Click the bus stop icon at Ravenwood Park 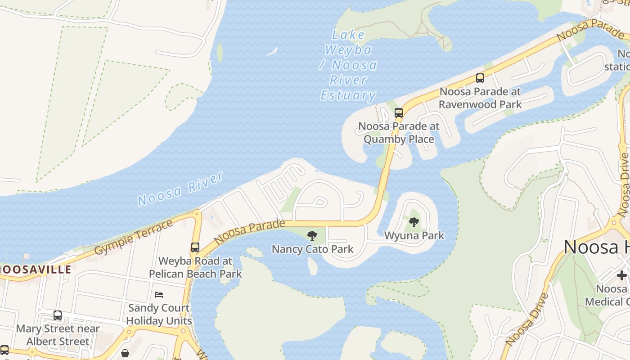coord(480,78)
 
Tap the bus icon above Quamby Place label coord(399,112)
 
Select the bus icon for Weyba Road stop coord(195,247)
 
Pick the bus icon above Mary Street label coord(58,315)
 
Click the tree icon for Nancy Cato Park coord(312,236)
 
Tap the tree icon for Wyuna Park coord(414,222)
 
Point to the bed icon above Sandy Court coord(159,295)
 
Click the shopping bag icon coord(125,353)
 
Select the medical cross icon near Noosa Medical coord(621,275)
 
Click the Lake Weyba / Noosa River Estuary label coord(348,66)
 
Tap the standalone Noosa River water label coord(180,189)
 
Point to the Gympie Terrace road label coord(134,237)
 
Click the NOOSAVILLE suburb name coord(36,270)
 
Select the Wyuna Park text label coord(414,235)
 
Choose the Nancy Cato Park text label coord(313,249)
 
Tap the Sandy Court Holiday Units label coord(159,315)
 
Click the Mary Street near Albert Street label coord(58,335)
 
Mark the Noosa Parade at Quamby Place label coord(399,133)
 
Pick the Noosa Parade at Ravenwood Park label coord(480,98)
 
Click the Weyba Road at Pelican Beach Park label coord(195,267)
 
